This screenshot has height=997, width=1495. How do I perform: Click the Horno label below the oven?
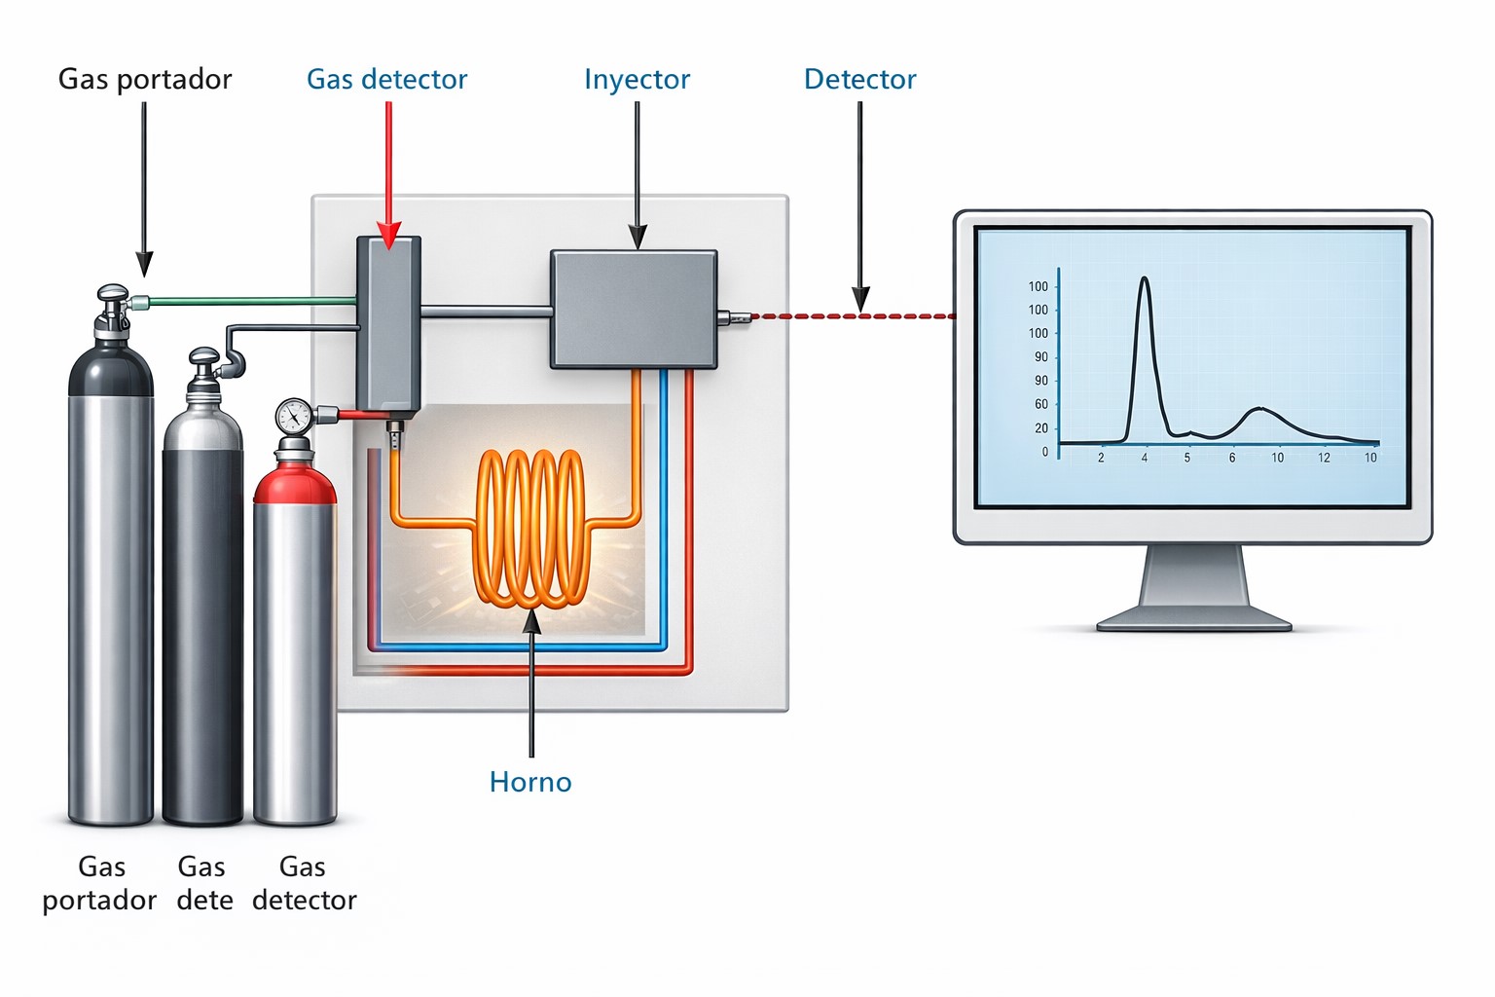click(530, 782)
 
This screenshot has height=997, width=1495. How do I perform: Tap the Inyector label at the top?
click(637, 79)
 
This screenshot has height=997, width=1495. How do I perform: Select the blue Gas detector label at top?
click(386, 79)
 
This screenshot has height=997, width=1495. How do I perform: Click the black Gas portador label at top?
click(145, 79)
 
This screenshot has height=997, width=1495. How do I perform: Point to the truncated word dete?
click(204, 900)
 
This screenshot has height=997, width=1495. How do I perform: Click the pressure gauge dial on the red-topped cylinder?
click(293, 417)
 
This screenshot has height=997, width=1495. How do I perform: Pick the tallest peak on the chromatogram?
click(1145, 279)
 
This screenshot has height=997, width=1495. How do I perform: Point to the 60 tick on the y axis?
click(1041, 404)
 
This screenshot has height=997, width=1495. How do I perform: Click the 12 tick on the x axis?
click(1324, 458)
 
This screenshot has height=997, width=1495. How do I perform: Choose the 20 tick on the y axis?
click(1041, 428)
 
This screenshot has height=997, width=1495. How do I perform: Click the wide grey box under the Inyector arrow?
click(634, 309)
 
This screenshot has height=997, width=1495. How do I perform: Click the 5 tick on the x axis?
click(1187, 458)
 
